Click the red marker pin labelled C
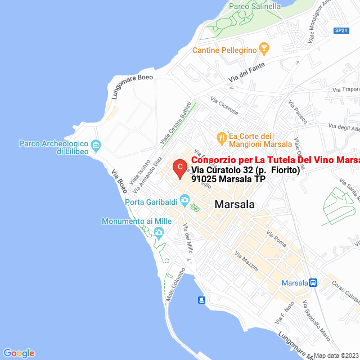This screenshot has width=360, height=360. click(179, 168)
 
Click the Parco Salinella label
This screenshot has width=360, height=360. click(255, 7)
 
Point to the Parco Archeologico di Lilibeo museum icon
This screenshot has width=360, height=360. click(96, 146)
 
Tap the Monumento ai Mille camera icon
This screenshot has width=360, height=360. click(159, 232)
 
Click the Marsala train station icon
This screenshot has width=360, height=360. click(313, 282)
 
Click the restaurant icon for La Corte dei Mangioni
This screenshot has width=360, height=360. click(222, 137)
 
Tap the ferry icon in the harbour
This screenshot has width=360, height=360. click(201, 299)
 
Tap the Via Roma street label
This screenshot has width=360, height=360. click(276, 239)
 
